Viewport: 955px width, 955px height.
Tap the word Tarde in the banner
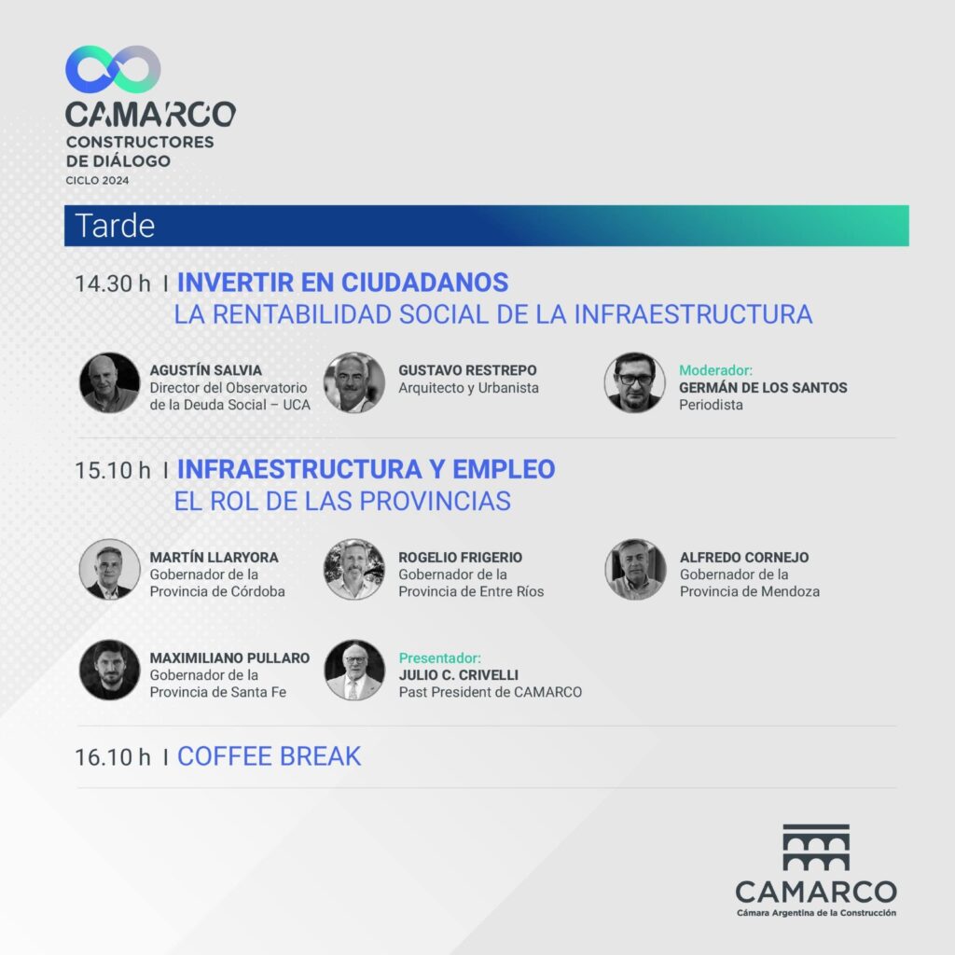coord(115,226)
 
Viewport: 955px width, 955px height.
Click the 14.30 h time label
coord(113,284)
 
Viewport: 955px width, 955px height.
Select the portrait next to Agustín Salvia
coord(110,382)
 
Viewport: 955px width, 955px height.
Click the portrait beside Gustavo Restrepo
coord(353,382)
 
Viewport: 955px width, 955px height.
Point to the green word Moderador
coord(715,370)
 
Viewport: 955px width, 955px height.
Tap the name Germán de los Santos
coord(763,387)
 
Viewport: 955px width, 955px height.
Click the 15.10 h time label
coord(113,470)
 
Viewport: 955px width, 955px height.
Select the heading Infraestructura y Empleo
coord(366,470)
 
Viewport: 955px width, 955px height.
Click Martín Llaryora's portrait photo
coord(110,570)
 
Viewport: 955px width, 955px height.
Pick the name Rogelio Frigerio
coord(461,558)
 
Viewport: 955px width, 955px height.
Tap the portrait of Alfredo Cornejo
coord(635,570)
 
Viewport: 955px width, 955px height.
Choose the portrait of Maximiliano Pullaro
coord(110,670)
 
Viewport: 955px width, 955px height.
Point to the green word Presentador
coord(440,657)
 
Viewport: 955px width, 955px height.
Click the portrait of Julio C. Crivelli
coord(354,670)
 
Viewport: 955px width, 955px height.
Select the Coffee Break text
coord(270,756)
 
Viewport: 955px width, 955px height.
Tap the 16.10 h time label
coord(113,757)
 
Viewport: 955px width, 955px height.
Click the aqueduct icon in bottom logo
coord(816,847)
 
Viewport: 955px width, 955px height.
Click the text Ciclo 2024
coord(97,180)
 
